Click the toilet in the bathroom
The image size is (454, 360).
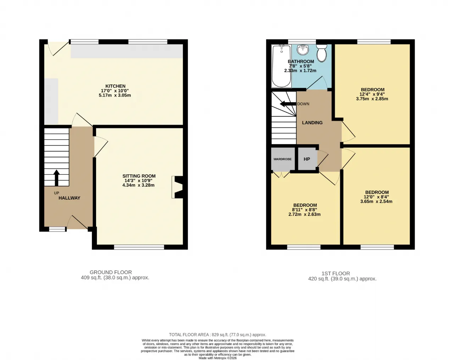click(322, 53)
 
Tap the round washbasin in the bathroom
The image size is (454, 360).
click(303, 50)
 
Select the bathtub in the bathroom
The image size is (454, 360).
click(282, 66)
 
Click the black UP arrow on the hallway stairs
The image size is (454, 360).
click(56, 178)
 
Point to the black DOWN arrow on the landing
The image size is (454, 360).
click(288, 104)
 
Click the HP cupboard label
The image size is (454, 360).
click(307, 159)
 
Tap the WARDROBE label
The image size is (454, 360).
click(282, 159)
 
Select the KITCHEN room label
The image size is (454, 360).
click(115, 86)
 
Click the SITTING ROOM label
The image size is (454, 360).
click(139, 176)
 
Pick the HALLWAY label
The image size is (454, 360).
click(70, 198)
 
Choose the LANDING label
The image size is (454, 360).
click(312, 123)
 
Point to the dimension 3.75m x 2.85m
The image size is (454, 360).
click(372, 99)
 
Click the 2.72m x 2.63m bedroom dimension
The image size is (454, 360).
click(305, 214)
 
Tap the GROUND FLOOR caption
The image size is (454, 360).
click(111, 272)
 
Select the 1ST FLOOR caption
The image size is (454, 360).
click(336, 273)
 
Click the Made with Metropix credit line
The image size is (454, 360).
click(217, 358)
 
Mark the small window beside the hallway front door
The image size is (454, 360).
click(57, 229)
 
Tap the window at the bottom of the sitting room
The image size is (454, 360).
click(139, 247)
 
